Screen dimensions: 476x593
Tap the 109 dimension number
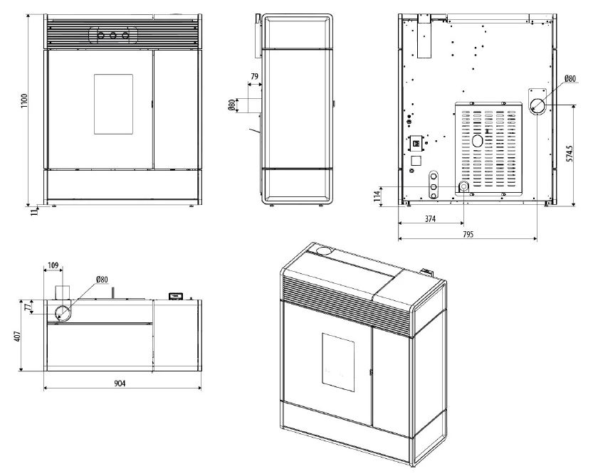(53, 265)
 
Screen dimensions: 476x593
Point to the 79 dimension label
(255, 76)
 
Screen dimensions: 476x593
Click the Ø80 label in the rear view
(570, 78)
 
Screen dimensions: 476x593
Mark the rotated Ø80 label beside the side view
(231, 105)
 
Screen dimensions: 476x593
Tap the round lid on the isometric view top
(325, 250)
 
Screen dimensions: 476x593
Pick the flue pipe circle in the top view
(61, 312)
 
